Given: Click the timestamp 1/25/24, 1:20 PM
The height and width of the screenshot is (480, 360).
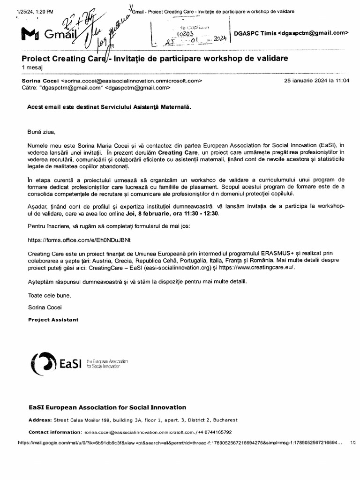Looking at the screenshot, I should (x=29, y=11).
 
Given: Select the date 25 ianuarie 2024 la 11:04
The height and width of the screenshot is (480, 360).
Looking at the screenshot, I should (x=316, y=81).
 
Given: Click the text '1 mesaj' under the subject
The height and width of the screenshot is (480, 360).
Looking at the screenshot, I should (x=31, y=67).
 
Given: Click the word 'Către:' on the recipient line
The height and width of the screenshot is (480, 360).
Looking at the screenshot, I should (x=30, y=87).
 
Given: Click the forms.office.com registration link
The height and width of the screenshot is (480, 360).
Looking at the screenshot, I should (x=79, y=240).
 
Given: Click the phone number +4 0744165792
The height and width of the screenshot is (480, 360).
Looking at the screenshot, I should (x=212, y=432).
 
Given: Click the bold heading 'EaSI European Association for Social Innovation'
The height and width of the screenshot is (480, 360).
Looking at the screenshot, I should (x=107, y=407).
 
